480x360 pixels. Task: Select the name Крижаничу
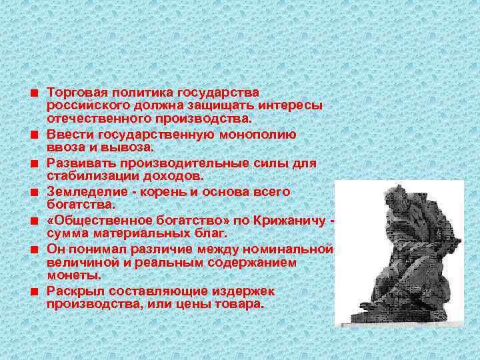coord(291,220)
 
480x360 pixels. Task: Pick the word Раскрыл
coord(72,291)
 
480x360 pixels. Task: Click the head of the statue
coord(391,198)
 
